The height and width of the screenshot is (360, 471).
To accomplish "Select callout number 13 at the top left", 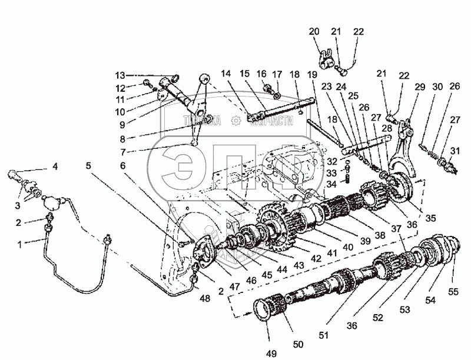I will click(120, 75).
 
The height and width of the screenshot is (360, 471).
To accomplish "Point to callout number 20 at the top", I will click(313, 31).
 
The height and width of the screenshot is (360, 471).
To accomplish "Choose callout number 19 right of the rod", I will click(311, 75).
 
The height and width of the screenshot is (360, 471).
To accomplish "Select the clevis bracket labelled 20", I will click(325, 59).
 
